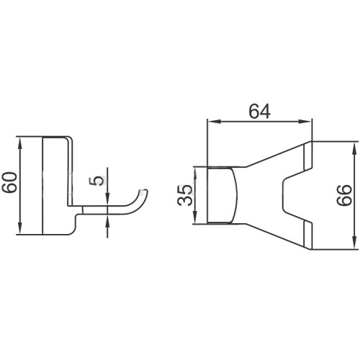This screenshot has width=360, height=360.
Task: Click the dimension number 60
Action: [10, 182]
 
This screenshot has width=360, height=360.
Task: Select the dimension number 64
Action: [260, 112]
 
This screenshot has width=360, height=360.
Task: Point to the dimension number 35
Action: [185, 195]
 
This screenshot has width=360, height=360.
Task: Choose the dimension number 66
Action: [344, 195]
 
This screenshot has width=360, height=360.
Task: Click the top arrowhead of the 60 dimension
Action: [20, 143]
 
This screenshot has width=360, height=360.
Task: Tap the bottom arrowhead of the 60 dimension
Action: [20, 228]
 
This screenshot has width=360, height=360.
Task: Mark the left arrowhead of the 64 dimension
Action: [214, 122]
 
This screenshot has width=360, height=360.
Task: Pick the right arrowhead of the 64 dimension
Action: [305, 122]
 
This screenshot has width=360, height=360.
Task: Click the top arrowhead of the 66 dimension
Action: [354, 148]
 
